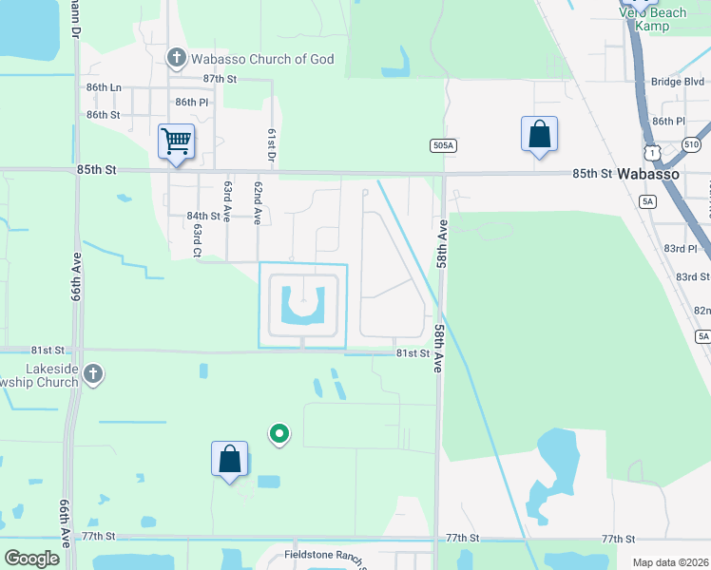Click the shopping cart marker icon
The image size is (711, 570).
(177, 142)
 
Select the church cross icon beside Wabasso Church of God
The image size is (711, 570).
(176, 59)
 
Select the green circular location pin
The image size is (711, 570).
(279, 434)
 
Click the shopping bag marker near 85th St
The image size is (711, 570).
(539, 134)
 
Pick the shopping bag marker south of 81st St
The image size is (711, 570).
(230, 459)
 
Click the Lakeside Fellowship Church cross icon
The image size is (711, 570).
(92, 373)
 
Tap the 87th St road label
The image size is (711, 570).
(219, 78)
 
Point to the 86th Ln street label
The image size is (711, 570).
(104, 87)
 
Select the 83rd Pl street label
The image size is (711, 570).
(681, 248)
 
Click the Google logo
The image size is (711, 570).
(31, 559)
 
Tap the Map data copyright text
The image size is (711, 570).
(670, 563)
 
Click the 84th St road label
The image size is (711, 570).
(203, 217)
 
